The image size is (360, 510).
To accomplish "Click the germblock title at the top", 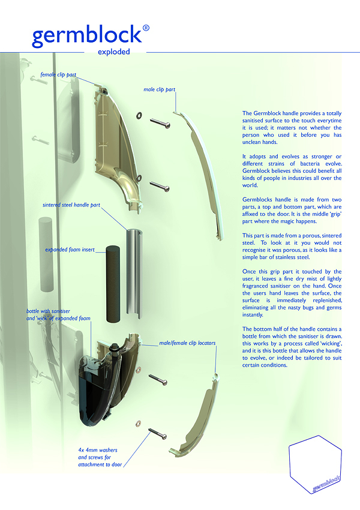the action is click(87, 36).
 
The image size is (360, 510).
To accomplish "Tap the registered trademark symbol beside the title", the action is click(146, 28).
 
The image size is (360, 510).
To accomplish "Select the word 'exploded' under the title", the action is click(114, 52).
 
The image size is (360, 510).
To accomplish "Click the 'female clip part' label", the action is click(58, 74).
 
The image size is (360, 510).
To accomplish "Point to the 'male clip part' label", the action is click(160, 89).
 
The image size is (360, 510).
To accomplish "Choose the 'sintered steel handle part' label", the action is click(71, 205).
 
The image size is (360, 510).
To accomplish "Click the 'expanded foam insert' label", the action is click(70, 250).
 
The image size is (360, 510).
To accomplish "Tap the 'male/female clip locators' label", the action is click(187, 343).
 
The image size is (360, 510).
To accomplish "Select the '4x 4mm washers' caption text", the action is click(98, 450).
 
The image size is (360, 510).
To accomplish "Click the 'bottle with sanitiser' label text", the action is click(48, 311).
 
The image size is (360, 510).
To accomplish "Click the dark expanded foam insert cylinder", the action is click(113, 284).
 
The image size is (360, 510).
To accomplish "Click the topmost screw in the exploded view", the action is click(160, 123).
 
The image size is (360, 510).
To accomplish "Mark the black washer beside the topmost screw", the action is click(139, 115).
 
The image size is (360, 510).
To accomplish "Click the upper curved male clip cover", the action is click(199, 176).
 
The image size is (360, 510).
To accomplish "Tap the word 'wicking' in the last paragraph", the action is click(329, 344).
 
